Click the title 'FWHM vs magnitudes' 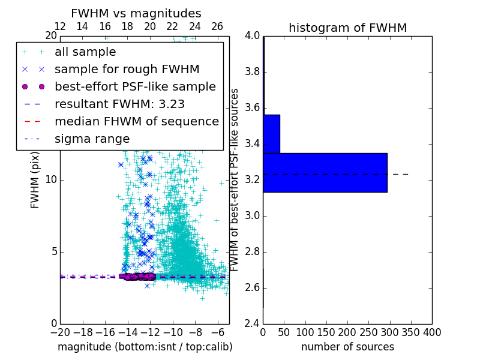coord(136,13)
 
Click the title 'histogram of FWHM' coord(347,28)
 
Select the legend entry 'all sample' coord(85,52)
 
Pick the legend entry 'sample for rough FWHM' coord(127,70)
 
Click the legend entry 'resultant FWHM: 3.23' coord(119,104)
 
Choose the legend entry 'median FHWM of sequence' coord(136,121)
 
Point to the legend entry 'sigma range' coord(92,139)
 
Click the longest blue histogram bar coord(325,172)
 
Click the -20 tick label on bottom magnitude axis coord(60,332)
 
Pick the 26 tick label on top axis coord(217,26)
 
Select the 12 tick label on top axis coord(60,26)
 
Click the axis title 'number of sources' coord(347,347)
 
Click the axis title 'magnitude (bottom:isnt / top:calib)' coord(145,347)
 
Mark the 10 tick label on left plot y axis coord(50,180)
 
